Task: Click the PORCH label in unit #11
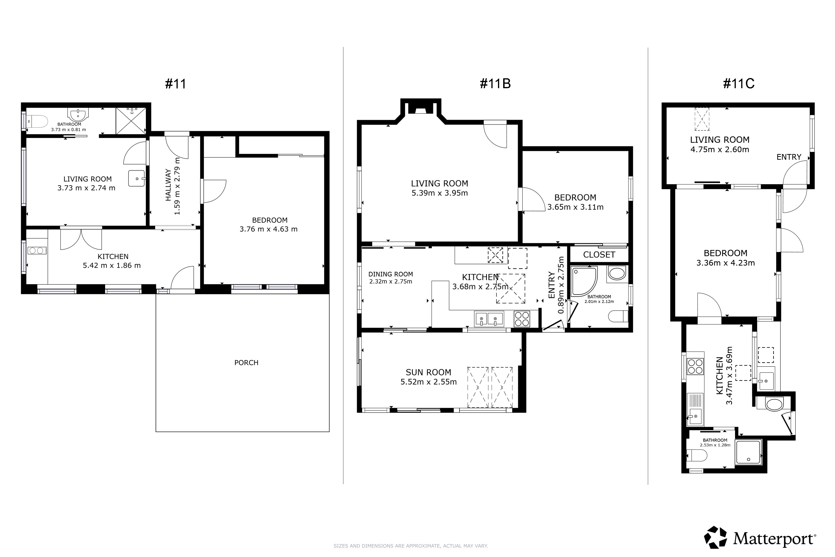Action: pos(246,363)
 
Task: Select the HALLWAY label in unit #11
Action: pos(168,185)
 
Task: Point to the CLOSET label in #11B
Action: pos(599,255)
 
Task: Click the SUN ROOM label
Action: pos(428,372)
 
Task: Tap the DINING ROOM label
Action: pos(391,274)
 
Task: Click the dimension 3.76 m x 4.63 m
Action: pos(269,229)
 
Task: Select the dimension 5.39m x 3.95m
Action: pos(440,193)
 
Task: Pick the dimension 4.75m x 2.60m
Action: pos(720,150)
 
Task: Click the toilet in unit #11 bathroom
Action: pos(37,121)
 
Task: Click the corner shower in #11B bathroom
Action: pos(584,281)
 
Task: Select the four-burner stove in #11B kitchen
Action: pos(522,319)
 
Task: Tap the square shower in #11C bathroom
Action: pos(748,452)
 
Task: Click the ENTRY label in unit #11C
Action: pos(789,157)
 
